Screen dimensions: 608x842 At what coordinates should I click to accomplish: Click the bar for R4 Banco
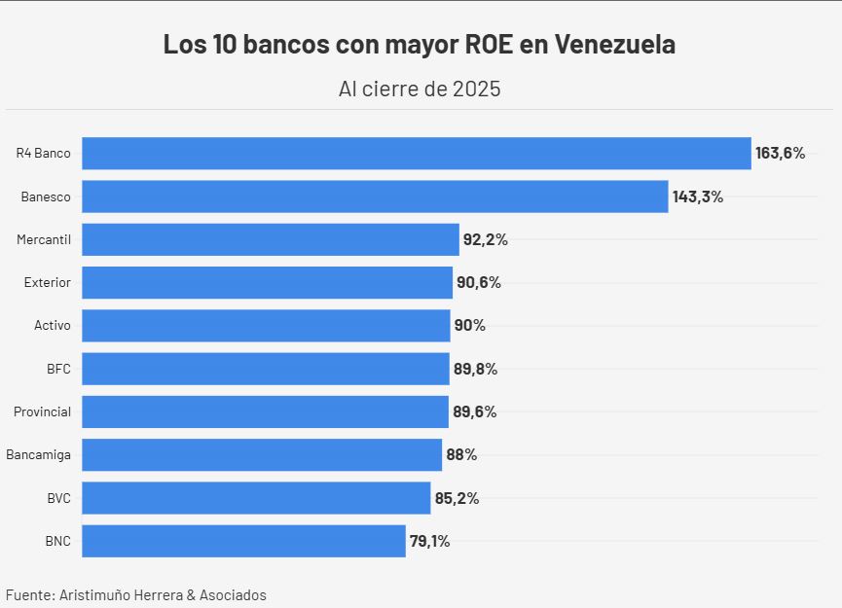coord(416,153)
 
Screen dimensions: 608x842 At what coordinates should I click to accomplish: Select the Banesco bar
coord(375,197)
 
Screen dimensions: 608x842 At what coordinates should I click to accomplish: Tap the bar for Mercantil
coord(270,239)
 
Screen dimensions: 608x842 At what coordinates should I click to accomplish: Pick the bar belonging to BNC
coord(243,541)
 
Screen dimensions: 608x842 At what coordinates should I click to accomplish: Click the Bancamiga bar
coord(261,454)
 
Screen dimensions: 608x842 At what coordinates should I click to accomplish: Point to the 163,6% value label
coord(780,153)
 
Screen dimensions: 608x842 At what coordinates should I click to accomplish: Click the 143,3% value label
coord(697,197)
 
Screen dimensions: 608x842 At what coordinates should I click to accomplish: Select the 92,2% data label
coord(485,239)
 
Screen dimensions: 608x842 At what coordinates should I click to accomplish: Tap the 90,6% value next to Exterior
coord(478,282)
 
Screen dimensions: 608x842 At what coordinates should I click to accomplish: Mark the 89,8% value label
coord(474,369)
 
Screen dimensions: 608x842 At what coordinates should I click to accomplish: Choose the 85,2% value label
coord(457,498)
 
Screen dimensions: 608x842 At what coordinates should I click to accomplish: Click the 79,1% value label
coord(429,541)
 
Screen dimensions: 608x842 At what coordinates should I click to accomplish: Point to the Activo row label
coord(53,325)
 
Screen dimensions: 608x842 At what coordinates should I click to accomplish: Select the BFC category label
coord(58,369)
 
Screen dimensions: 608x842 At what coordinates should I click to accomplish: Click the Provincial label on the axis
coord(42,411)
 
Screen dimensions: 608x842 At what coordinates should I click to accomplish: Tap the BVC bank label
coord(58,498)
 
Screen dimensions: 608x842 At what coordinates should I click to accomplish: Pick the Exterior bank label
coord(48,282)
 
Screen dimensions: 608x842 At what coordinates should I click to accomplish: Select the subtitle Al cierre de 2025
coord(420,89)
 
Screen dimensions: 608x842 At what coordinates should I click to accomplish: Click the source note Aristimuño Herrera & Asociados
coord(163,594)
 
